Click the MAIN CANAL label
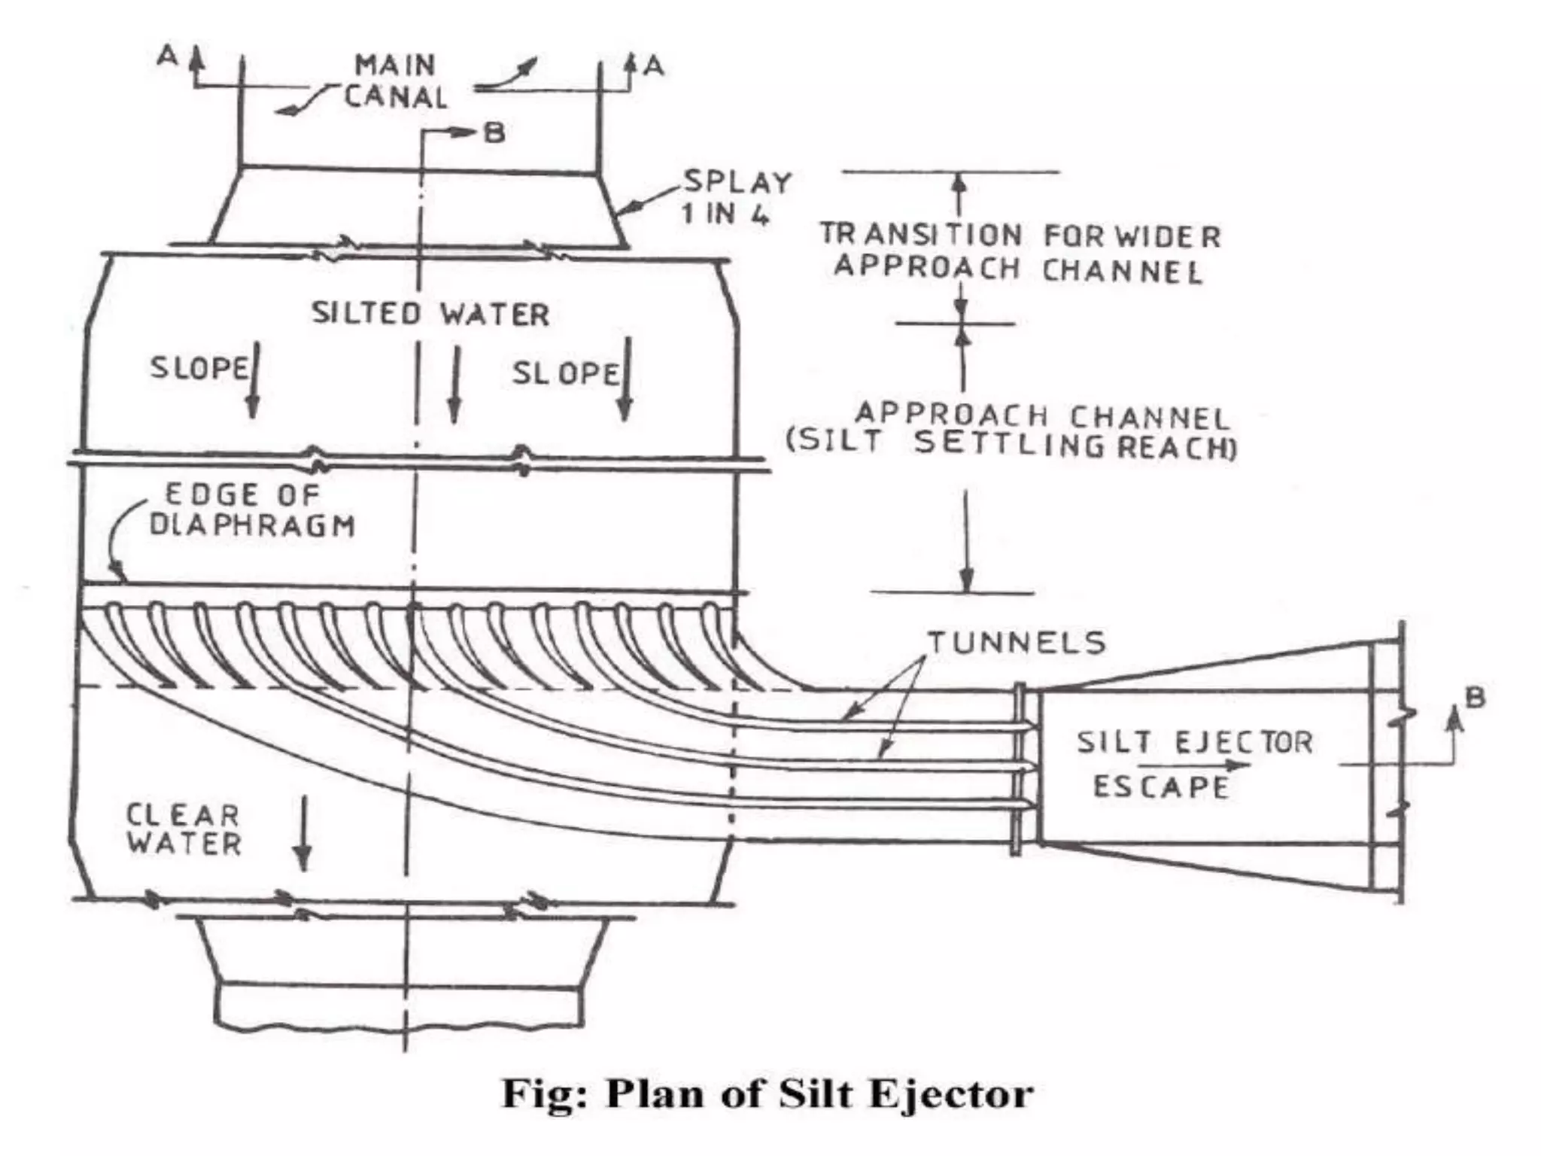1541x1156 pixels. point(396,81)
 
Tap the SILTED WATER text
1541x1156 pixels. point(430,314)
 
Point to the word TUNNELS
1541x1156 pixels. point(1017,643)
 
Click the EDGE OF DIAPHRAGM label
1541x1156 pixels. point(251,510)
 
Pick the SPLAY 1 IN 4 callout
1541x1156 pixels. point(736,198)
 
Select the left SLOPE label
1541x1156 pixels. point(199,368)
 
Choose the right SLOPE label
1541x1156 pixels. point(565,373)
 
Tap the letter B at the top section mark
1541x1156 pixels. point(494,133)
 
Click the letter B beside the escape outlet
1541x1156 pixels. point(1475,698)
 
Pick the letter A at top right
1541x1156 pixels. point(654,67)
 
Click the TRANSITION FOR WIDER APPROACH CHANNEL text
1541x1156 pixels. point(1020,252)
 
